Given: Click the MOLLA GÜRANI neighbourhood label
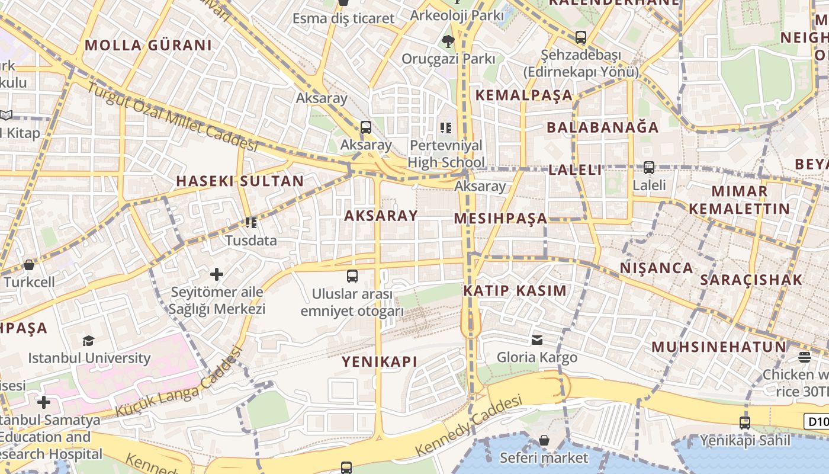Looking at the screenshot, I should point(148,46).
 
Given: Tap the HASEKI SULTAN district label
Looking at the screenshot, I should point(240,181).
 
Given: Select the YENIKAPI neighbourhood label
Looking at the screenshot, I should point(379,361).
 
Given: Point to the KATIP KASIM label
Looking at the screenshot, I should point(515,291).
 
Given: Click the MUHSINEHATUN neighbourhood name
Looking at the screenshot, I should point(719,347).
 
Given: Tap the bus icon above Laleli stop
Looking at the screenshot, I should point(649,168).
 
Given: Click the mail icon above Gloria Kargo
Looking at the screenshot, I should point(537,340).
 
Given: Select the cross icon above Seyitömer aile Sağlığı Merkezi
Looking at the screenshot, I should point(217,274).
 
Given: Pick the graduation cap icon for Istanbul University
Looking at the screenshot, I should point(89,341).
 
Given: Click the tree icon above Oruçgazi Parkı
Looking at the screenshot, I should point(448,41).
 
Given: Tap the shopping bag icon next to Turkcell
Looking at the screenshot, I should point(28,265).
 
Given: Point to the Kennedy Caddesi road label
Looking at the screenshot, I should point(469,425).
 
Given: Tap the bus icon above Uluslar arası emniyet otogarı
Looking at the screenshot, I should point(352,276).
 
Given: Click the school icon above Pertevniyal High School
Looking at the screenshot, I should point(446,128).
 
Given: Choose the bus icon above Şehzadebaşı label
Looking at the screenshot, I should point(581,37).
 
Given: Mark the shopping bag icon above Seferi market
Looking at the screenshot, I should point(544,440).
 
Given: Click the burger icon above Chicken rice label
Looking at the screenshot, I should point(804,357).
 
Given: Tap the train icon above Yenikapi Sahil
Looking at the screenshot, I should point(745,423).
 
